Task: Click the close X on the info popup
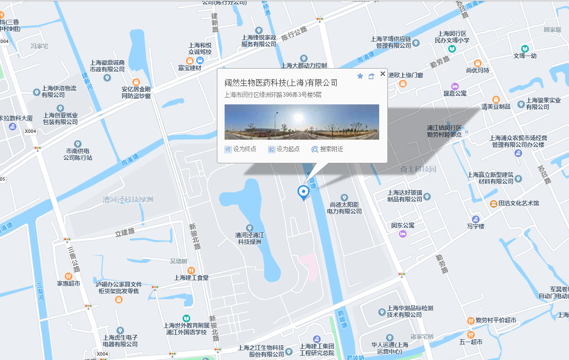pyautogui.click(x=383, y=74)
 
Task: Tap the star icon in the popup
pyautogui.click(x=360, y=76)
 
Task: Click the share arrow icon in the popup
pyautogui.click(x=371, y=76)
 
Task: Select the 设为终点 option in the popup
pyautogui.click(x=241, y=149)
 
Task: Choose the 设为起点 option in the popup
pyautogui.click(x=284, y=149)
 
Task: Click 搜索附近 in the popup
pyautogui.click(x=327, y=149)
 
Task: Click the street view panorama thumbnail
pyautogui.click(x=301, y=122)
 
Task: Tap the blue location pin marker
pyautogui.click(x=303, y=192)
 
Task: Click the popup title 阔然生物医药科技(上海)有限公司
pyautogui.click(x=281, y=83)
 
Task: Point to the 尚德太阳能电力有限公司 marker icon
pyautogui.click(x=344, y=197)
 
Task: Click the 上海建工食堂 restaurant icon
pyautogui.click(x=191, y=270)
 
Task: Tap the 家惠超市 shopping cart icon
pyautogui.click(x=68, y=276)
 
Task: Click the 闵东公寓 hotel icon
pyautogui.click(x=403, y=234)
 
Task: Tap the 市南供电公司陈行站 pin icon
pyautogui.click(x=78, y=144)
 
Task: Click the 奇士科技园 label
pyautogui.click(x=418, y=169)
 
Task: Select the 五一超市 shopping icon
pyautogui.click(x=470, y=334)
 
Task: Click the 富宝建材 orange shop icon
pyautogui.click(x=189, y=60)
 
